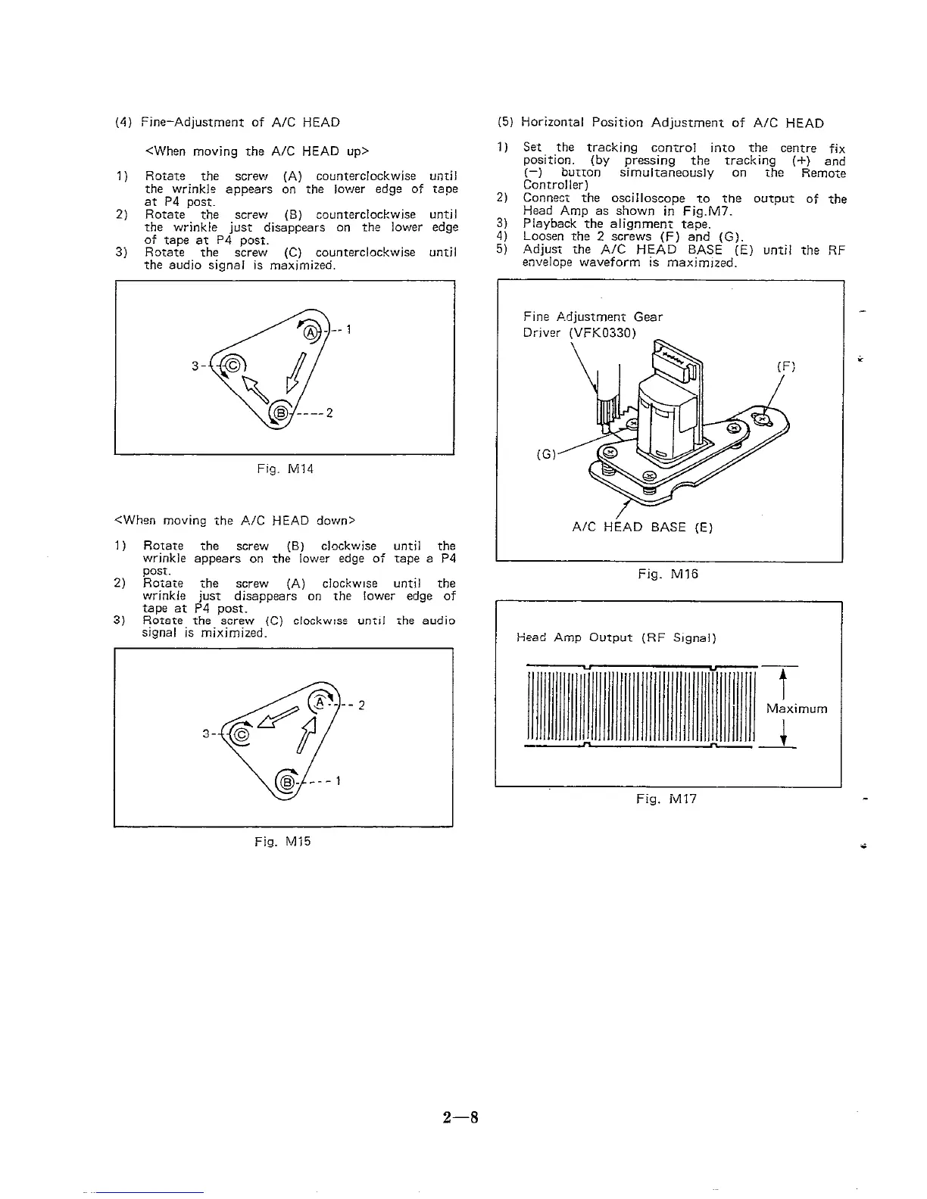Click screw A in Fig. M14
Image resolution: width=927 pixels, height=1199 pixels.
click(311, 332)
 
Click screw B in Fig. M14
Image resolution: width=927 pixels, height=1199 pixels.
click(280, 412)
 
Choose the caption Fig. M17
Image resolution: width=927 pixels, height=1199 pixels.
click(666, 799)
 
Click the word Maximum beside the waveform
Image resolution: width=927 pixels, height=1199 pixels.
click(797, 709)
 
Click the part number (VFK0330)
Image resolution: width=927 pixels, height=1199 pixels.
click(602, 333)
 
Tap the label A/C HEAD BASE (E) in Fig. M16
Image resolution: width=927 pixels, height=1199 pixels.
click(642, 528)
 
